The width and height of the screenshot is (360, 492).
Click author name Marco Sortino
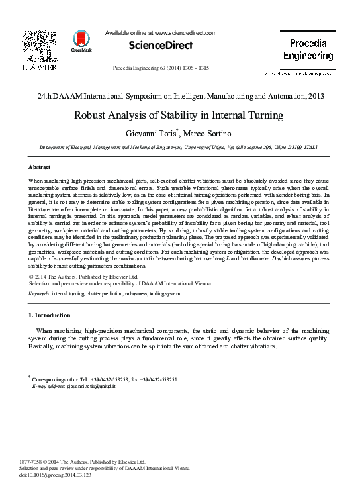209,134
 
